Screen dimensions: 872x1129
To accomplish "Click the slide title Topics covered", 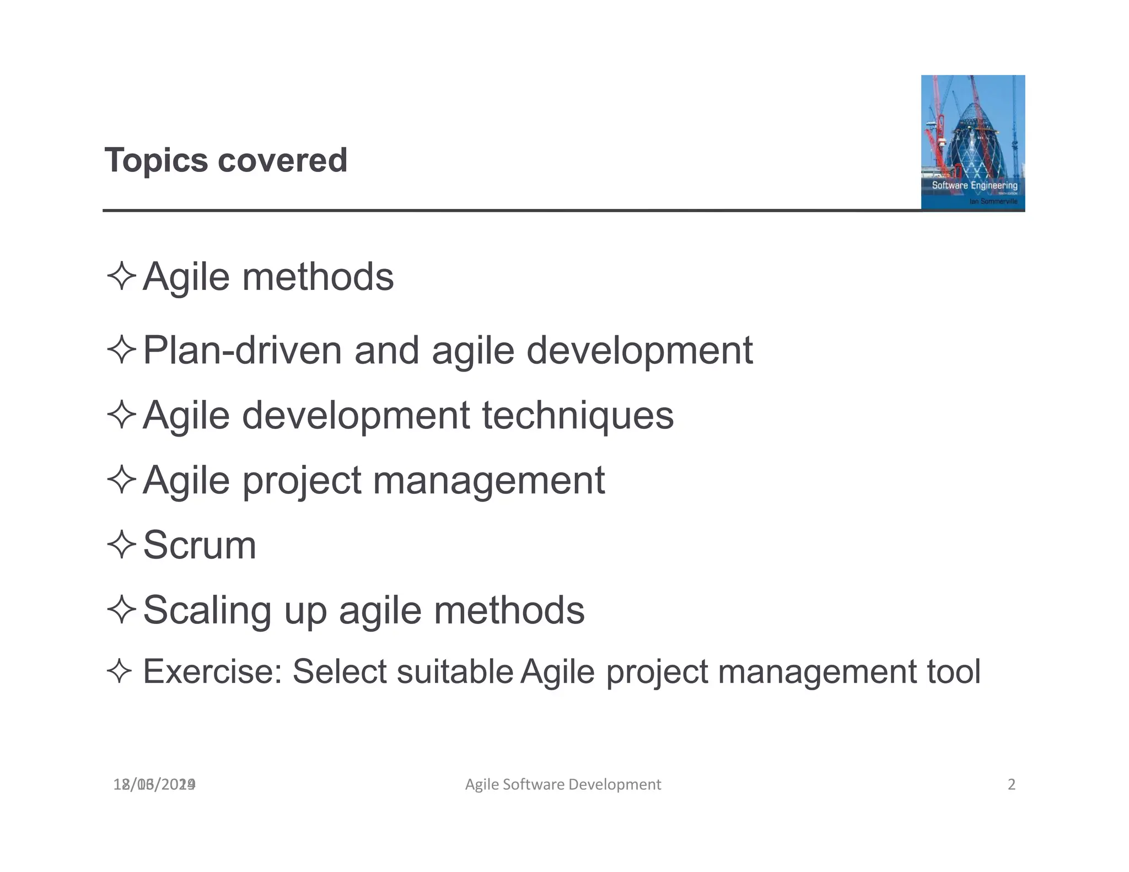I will pyautogui.click(x=226, y=160).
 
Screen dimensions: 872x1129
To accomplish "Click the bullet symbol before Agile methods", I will pyautogui.click(x=121, y=276).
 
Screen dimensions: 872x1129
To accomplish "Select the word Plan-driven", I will pyautogui.click(x=242, y=351).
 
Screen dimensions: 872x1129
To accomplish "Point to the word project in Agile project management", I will pyautogui.click(x=302, y=481).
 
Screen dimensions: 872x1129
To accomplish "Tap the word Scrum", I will pyautogui.click(x=200, y=545).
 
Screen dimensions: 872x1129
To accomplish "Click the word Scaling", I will pyautogui.click(x=207, y=611).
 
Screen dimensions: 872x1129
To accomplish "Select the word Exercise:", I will pyautogui.click(x=212, y=671).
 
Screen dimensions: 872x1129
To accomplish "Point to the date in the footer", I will pyautogui.click(x=154, y=784).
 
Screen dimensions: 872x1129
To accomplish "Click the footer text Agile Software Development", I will pyautogui.click(x=563, y=784).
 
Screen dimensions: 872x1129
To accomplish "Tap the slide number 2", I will pyautogui.click(x=1011, y=784).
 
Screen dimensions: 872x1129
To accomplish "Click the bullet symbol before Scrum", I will pyautogui.click(x=121, y=545).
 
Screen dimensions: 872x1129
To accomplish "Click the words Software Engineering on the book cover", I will pyautogui.click(x=974, y=185).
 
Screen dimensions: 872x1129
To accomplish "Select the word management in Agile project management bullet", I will pyautogui.click(x=489, y=481).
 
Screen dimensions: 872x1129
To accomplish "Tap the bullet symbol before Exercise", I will pyautogui.click(x=120, y=671).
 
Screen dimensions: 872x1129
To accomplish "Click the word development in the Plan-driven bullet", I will pyautogui.click(x=639, y=351).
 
